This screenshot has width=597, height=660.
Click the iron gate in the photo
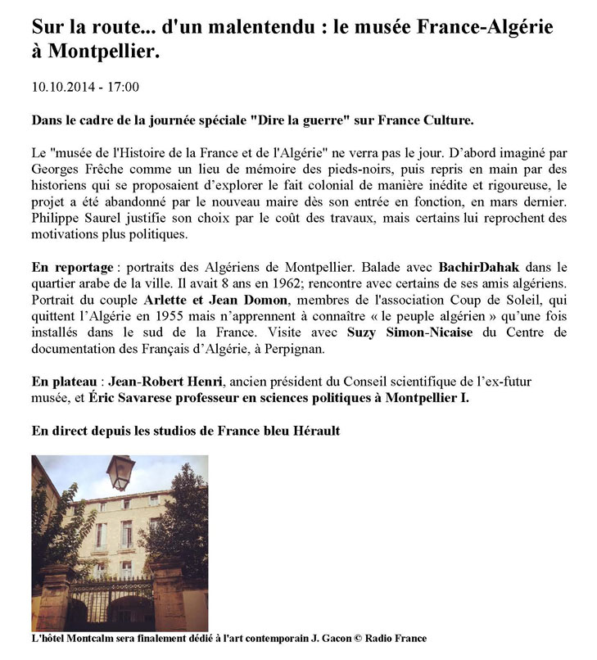pos(110,601)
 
